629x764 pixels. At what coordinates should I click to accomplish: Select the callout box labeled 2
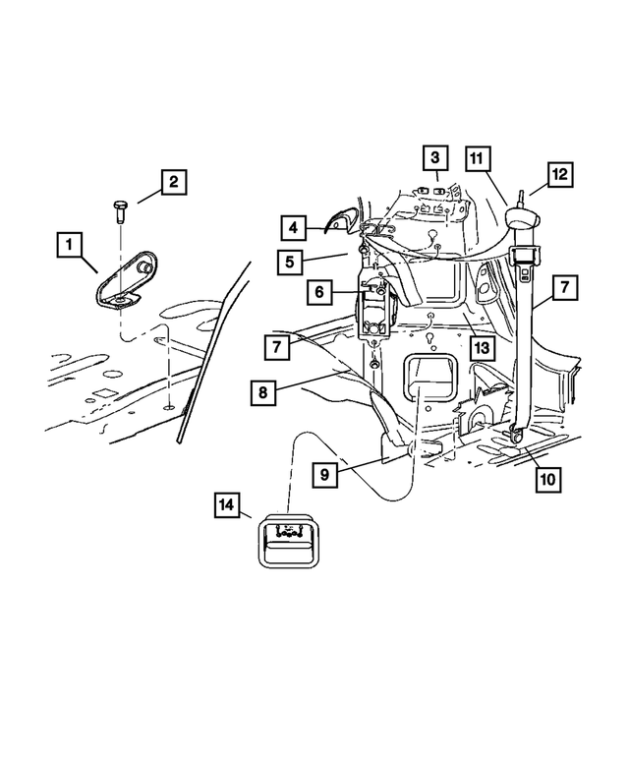pyautogui.click(x=172, y=183)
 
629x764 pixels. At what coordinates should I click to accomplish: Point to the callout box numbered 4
pyautogui.click(x=293, y=228)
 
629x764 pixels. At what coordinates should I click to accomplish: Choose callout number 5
pyautogui.click(x=293, y=262)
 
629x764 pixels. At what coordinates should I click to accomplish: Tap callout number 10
pyautogui.click(x=547, y=479)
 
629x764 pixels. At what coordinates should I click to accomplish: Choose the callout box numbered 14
pyautogui.click(x=227, y=506)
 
